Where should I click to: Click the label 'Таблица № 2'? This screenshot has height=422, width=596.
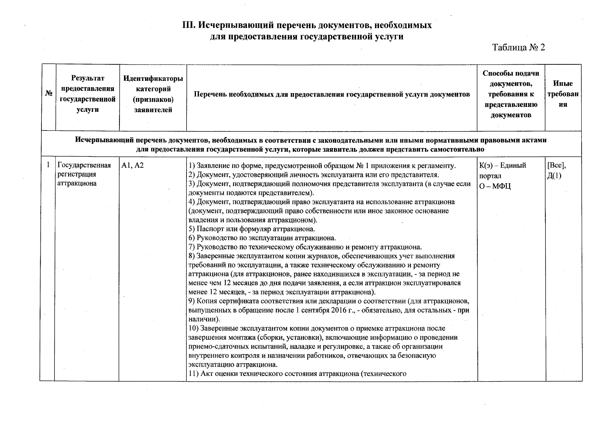(518, 47)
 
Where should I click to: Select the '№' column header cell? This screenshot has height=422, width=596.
(49, 94)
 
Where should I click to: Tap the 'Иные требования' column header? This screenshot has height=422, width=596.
(563, 94)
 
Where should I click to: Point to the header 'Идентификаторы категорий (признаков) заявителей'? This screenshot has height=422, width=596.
(153, 94)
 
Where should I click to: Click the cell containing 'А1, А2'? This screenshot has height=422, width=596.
(132, 165)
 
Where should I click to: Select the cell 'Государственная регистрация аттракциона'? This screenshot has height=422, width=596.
(84, 174)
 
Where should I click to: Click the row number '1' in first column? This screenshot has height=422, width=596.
(48, 165)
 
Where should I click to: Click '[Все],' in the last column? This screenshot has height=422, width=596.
(556, 165)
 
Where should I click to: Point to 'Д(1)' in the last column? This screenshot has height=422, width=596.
(554, 176)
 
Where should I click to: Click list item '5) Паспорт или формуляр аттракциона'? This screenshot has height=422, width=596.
(251, 229)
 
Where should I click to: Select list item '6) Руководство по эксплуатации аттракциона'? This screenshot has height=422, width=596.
(262, 238)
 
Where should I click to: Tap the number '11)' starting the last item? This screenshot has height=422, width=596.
(194, 373)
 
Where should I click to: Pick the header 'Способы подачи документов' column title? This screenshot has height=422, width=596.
(511, 94)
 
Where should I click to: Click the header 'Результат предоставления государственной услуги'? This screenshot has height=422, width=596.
(87, 94)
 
